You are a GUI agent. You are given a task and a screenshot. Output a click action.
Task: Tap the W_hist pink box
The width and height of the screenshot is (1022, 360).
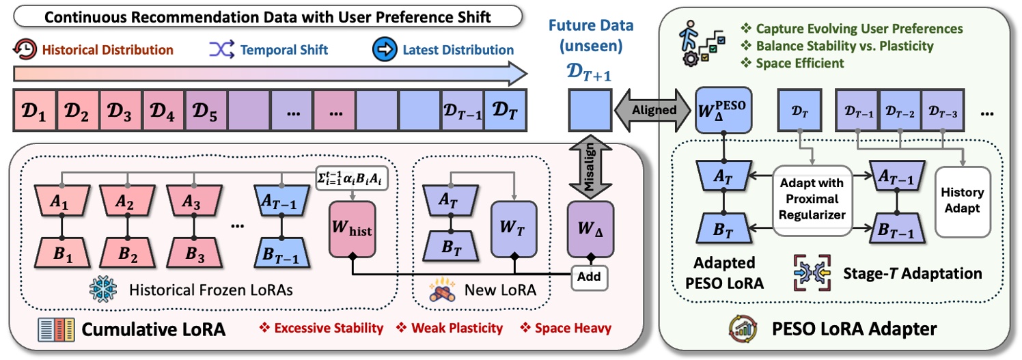coord(351,230)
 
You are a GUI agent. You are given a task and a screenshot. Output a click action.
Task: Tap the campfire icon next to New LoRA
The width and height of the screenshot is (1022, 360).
coord(443,291)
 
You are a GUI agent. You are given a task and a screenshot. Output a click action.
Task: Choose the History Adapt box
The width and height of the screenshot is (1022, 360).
coord(961,204)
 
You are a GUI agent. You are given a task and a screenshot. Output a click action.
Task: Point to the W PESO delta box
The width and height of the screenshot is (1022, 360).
coord(723,109)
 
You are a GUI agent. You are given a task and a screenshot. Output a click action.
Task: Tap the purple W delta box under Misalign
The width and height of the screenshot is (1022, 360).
coord(589,229)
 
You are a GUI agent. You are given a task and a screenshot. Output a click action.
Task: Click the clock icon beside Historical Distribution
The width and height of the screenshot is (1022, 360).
coord(25,49)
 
